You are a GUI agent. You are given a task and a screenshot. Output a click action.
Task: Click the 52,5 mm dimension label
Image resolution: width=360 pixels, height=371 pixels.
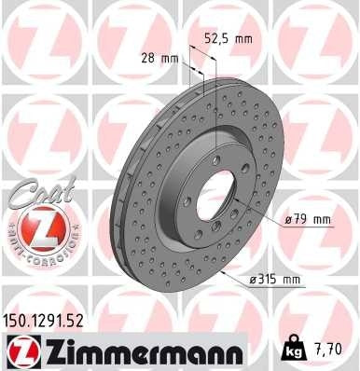coord(228,40)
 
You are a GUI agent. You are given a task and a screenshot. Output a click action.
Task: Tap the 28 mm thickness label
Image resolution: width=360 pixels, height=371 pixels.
coord(160,58)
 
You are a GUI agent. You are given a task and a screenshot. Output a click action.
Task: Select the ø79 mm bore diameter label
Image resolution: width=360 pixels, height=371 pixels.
coord(309,219)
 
